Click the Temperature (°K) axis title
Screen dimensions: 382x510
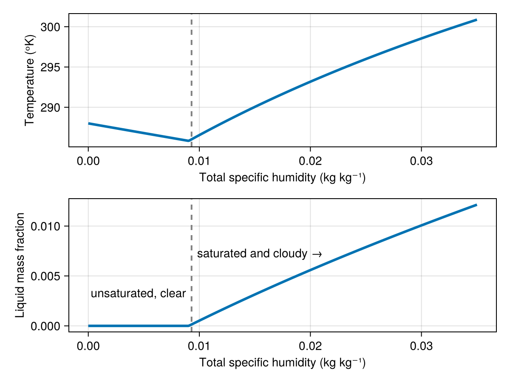tap(29, 80)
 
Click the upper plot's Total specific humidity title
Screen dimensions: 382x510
tap(282, 177)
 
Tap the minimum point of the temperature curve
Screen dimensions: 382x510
tap(188, 140)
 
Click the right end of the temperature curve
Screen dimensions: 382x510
tap(476, 20)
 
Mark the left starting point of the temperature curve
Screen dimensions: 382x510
tap(88, 124)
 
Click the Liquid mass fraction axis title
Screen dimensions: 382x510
tap(20, 265)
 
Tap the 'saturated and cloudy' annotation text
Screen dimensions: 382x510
tap(252, 254)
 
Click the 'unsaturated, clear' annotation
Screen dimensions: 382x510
tap(138, 293)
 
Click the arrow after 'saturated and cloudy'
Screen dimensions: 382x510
tap(317, 254)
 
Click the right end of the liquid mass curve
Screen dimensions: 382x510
tap(476, 205)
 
